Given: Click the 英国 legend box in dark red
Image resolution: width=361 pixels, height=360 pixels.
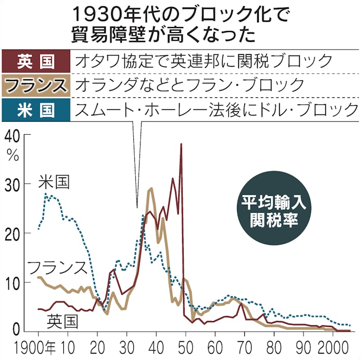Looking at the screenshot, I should coord(36,61).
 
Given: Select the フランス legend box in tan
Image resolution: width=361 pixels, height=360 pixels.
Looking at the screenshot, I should coord(36,85).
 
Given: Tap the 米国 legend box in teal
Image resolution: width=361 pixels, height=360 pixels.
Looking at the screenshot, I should coord(36,109).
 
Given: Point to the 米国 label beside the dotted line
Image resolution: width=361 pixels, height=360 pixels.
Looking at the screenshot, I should coord(54,182).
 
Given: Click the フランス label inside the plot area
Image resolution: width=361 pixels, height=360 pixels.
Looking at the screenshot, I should coord(56,268).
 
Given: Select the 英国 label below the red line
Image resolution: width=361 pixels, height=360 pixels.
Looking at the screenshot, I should coord(62,322).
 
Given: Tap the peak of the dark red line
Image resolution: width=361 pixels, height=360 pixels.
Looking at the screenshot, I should coord(181,145).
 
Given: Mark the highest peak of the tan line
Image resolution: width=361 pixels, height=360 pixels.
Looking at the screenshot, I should coord(151,189).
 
